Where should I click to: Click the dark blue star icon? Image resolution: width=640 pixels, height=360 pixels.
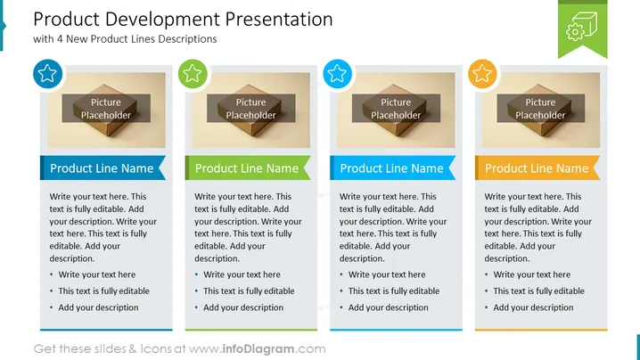click(x=47, y=74)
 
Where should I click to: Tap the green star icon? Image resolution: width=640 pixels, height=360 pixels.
click(x=193, y=74)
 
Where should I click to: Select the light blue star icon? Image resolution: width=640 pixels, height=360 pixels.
click(x=337, y=74)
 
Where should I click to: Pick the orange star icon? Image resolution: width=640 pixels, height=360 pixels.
click(x=482, y=74)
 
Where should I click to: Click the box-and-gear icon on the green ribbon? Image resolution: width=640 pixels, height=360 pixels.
click(x=582, y=26)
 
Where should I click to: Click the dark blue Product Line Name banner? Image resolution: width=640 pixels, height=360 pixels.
click(x=103, y=168)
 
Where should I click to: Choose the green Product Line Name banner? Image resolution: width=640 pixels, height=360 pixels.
click(x=248, y=168)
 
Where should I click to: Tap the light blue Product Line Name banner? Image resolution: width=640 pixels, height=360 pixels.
click(x=393, y=168)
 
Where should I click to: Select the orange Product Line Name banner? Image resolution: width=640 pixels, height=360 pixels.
click(x=537, y=168)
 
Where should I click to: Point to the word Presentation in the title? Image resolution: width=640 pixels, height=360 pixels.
click(x=279, y=20)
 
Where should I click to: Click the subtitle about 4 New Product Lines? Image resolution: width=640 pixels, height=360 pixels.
click(x=125, y=39)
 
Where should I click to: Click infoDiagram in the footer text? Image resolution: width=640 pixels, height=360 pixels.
click(x=258, y=349)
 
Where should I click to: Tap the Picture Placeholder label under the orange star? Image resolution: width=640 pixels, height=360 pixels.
click(x=540, y=109)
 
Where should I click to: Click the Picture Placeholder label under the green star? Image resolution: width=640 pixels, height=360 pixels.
click(x=250, y=109)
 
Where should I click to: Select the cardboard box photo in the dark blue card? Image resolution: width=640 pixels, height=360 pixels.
click(x=107, y=110)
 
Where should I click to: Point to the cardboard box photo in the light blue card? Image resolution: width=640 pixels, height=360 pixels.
click(x=396, y=110)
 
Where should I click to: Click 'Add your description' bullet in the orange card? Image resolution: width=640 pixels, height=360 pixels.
click(x=533, y=307)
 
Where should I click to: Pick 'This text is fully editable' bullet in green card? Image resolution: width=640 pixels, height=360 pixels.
click(x=249, y=291)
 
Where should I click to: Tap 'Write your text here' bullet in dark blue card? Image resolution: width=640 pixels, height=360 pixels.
click(x=97, y=274)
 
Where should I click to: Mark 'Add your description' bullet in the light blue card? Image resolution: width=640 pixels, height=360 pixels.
click(x=388, y=307)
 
